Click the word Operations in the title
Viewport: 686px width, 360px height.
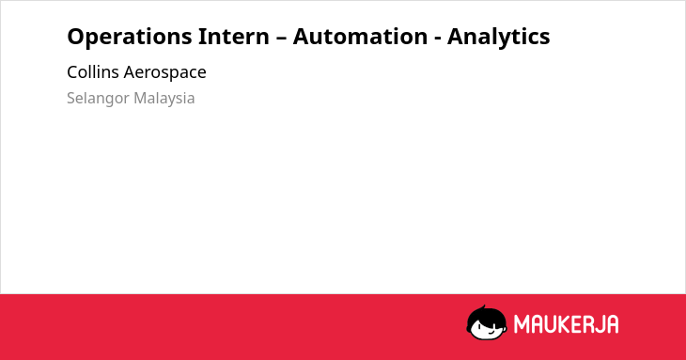coord(130,37)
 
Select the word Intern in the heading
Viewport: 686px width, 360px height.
coord(234,37)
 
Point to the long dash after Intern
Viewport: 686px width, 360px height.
coord(281,38)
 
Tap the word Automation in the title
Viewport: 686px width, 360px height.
coord(360,37)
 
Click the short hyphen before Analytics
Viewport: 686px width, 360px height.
coord(438,39)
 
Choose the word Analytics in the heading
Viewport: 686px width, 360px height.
coord(499,37)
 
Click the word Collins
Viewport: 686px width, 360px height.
coord(93,72)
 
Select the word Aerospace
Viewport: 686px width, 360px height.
coord(165,72)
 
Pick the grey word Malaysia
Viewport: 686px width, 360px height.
coord(164,99)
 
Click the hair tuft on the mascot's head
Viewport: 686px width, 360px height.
coord(484,307)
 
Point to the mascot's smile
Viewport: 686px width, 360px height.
coord(491,332)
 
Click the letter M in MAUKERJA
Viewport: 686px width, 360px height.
coord(521,324)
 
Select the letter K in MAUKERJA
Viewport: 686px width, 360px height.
coord(564,324)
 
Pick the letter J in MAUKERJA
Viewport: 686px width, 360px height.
coord(600,324)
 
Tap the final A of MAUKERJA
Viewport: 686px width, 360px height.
coord(612,324)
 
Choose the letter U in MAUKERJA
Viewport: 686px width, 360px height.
coord(550,324)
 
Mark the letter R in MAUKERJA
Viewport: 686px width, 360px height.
coord(587,324)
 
